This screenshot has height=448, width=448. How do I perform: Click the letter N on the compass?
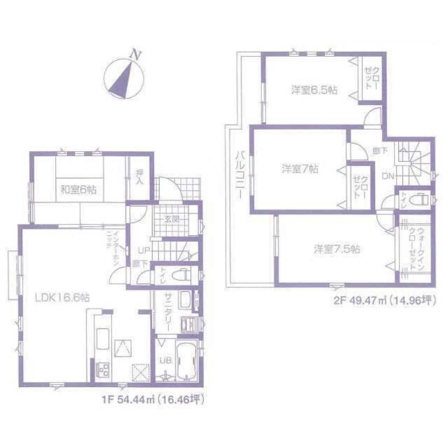[x=134, y=55]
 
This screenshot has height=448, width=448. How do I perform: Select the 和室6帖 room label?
[x=78, y=190]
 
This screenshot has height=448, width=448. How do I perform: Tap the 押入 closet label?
[x=139, y=178]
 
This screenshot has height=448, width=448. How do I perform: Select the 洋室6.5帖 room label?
[x=314, y=90]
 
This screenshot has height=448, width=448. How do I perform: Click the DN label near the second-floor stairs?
[x=388, y=177]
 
